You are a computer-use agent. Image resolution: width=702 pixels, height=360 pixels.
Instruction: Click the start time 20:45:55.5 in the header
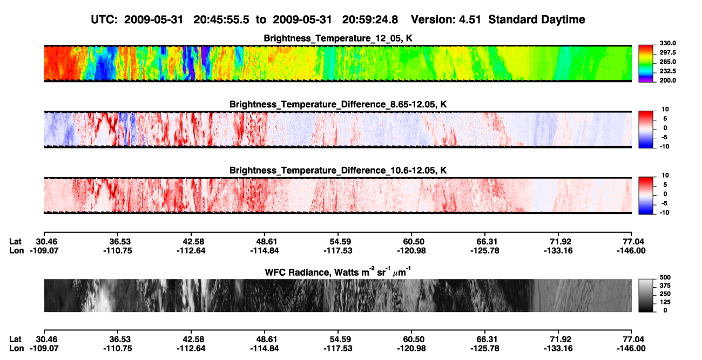(221, 20)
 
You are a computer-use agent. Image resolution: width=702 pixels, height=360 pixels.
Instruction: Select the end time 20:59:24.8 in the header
(370, 20)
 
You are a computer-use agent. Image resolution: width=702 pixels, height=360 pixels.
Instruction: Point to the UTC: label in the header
(104, 20)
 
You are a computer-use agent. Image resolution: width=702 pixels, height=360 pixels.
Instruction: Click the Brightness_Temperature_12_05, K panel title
(338, 38)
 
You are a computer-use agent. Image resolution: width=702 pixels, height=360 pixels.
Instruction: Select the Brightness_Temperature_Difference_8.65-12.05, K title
(338, 104)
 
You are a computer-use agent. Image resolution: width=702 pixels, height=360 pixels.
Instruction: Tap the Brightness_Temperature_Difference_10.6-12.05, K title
(338, 171)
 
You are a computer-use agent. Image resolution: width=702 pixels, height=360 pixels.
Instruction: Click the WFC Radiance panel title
(338, 271)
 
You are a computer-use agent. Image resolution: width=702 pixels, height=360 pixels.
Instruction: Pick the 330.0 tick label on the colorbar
(667, 43)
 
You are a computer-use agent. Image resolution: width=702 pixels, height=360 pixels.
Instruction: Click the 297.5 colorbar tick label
(667, 52)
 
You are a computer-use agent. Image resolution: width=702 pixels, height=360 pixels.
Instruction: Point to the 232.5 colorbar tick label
(667, 71)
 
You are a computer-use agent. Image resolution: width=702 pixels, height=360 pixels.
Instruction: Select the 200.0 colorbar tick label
(667, 80)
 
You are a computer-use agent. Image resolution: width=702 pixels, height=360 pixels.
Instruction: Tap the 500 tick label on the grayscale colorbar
(665, 277)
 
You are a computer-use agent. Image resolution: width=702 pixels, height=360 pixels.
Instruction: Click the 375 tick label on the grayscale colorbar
(665, 286)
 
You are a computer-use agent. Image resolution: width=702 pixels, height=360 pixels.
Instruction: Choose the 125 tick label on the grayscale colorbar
(665, 302)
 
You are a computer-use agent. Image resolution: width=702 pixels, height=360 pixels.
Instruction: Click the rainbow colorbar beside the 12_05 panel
(646, 64)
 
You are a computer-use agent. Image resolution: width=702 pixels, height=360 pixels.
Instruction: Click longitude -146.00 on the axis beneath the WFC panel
(631, 349)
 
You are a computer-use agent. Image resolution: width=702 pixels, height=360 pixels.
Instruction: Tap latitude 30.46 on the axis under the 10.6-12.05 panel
(46, 242)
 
